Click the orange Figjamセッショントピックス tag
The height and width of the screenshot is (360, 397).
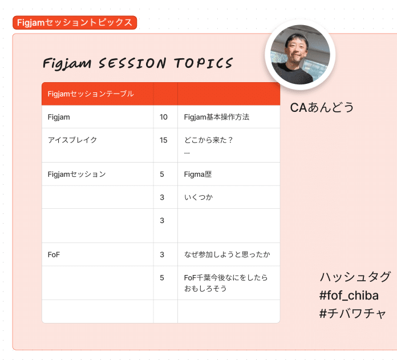tap(75, 22)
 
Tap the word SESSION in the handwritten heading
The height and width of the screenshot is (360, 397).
tap(132, 63)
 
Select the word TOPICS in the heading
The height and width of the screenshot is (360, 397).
tap(203, 63)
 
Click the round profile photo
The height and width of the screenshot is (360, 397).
tap(300, 54)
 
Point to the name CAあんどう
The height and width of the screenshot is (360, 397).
tap(322, 107)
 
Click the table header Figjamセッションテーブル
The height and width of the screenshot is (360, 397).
tap(91, 94)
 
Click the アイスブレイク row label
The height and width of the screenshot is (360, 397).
tap(72, 140)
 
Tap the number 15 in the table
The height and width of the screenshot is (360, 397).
tap(164, 140)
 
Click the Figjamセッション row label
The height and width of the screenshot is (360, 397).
tap(76, 174)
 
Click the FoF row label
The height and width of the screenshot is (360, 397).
tap(54, 254)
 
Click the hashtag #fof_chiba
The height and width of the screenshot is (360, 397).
tap(349, 296)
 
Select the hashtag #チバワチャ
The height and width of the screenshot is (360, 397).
tap(353, 314)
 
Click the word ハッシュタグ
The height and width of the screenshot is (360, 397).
tap(355, 277)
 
